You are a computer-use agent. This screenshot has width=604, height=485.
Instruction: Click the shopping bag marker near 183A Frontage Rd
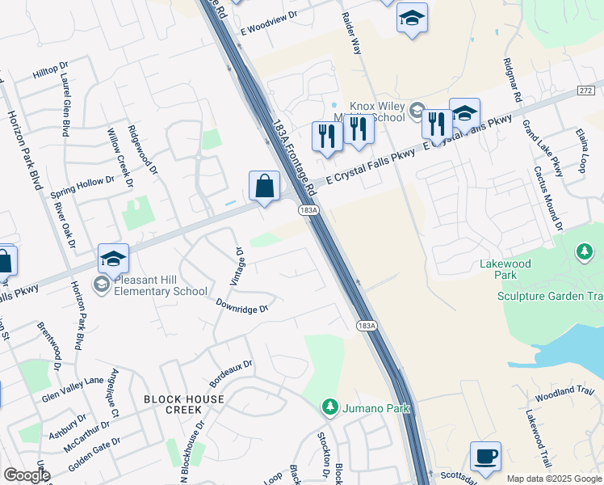(264, 187)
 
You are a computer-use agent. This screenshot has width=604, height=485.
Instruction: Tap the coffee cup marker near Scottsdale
(485, 457)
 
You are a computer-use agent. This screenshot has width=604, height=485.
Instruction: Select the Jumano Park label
(375, 408)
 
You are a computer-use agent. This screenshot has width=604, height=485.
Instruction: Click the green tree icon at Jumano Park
(329, 405)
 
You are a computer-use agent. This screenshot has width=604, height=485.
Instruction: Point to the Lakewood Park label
(528, 270)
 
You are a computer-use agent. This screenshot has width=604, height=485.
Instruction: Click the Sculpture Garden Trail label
(550, 297)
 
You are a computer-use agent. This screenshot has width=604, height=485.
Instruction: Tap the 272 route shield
(587, 90)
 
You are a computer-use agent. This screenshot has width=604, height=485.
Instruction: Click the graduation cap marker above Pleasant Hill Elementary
(114, 259)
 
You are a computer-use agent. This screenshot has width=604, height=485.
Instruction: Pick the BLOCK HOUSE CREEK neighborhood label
(184, 404)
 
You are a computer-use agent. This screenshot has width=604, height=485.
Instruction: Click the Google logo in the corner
(27, 475)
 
